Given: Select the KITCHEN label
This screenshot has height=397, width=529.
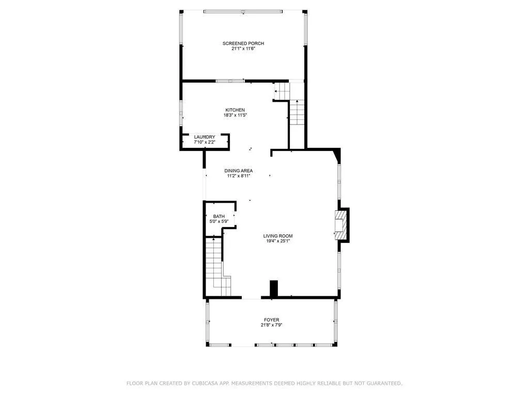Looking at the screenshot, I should tap(235, 110).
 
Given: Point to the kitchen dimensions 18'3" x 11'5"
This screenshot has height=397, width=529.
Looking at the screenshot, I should tap(235, 115).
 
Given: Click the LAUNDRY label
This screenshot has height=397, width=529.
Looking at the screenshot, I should tap(204, 137).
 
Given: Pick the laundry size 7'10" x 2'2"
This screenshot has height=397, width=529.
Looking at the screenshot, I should tap(204, 142).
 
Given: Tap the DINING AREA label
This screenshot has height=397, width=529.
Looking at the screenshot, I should tap(238, 171).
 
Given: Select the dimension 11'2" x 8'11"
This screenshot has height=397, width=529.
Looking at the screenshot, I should tap(238, 176).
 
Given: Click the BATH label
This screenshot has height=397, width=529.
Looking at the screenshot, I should tap(219, 217).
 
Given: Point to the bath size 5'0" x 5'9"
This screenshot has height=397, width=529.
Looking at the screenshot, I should tap(219, 221).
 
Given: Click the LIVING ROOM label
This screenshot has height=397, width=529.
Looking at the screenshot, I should tap(278, 236).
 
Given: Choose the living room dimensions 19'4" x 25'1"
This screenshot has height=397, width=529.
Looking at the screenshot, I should tap(278, 241).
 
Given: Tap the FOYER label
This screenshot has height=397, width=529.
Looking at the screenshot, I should tap(271, 320).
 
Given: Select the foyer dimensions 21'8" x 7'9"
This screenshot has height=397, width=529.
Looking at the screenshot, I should tap(271, 325).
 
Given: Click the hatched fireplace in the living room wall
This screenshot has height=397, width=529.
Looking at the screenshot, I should tap(341, 224).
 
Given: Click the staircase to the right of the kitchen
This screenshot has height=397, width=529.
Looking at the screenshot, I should tap(297, 111).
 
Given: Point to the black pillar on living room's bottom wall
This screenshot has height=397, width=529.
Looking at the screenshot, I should tap(274, 288).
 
